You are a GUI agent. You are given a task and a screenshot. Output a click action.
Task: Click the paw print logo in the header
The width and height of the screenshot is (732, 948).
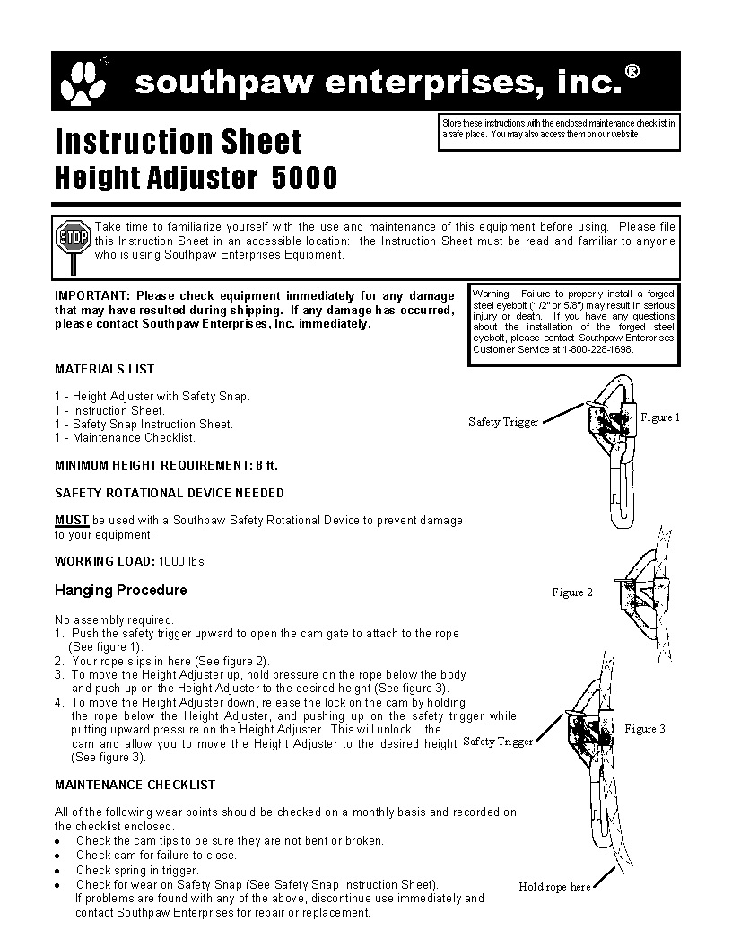coord(82,83)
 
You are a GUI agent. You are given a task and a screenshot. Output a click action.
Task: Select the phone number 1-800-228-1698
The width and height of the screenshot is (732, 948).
coord(597,348)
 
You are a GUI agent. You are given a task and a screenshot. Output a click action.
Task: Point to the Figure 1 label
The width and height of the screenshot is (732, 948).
coord(660,417)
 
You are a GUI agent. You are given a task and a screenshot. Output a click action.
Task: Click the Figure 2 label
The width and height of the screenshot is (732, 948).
coord(572,592)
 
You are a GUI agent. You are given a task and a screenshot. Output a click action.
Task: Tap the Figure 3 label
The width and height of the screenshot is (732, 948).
coord(645,729)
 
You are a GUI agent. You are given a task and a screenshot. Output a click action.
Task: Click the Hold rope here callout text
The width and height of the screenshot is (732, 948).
coord(554,887)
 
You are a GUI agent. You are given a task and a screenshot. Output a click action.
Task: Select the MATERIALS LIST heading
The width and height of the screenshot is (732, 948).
coord(104,369)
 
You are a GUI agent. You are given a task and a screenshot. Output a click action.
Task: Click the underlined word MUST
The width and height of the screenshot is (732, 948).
coord(72,520)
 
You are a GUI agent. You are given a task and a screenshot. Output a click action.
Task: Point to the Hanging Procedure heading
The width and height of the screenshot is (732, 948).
coord(121,590)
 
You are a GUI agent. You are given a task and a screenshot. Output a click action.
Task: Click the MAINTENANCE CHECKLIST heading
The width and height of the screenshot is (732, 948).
coord(135,785)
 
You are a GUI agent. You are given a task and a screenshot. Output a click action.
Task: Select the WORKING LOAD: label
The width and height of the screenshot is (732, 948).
coord(105,561)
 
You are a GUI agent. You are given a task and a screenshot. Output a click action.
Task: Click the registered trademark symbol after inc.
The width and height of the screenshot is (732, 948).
coord(632,72)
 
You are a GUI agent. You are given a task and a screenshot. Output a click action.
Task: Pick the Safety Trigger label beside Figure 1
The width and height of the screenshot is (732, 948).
coord(503,422)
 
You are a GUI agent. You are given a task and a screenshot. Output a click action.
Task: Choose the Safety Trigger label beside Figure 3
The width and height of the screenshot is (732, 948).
coord(498,742)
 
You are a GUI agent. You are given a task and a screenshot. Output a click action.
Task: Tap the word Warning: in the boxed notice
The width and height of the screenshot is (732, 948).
coord(491,294)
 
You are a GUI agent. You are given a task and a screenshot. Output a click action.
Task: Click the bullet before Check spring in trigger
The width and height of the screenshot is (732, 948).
coord(57,871)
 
